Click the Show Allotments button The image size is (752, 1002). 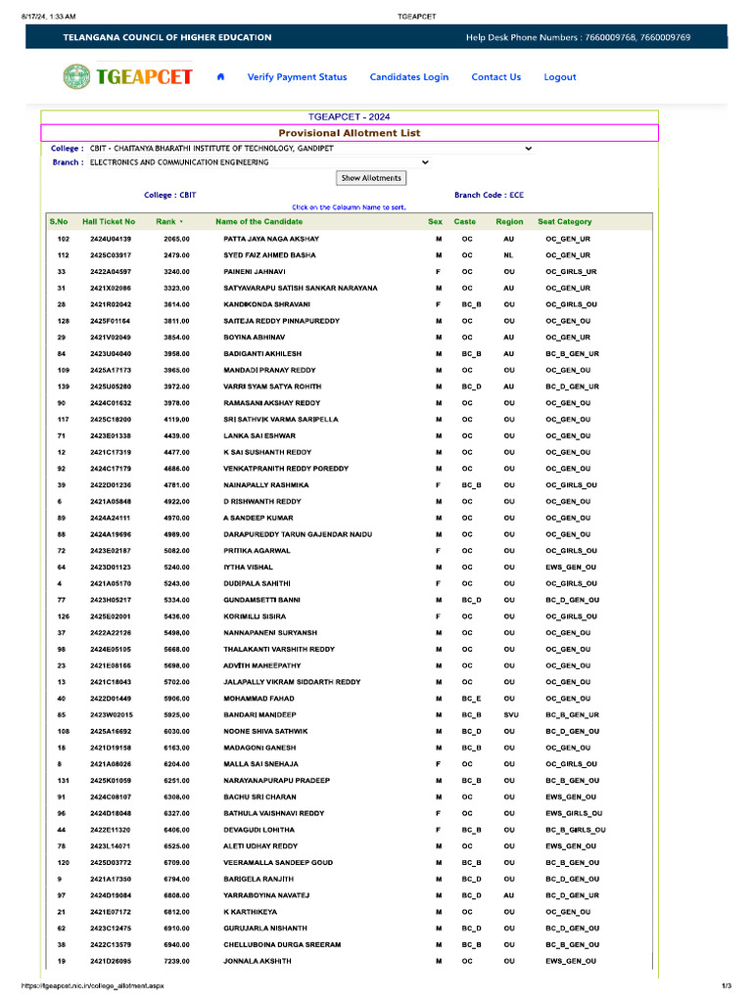click(x=371, y=178)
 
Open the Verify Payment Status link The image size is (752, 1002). click(x=297, y=77)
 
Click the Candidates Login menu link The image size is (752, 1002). click(x=408, y=77)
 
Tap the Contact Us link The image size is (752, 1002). click(x=495, y=77)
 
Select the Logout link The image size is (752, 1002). click(x=560, y=77)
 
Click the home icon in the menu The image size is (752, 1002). click(x=220, y=77)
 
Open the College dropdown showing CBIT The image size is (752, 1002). click(x=311, y=149)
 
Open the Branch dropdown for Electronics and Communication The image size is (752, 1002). click(x=259, y=162)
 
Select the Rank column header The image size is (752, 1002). click(x=166, y=222)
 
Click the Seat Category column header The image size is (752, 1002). click(x=565, y=222)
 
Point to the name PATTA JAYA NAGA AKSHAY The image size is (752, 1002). click(x=271, y=239)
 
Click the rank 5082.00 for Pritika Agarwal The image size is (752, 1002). click(x=176, y=551)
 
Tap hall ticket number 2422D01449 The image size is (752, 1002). click(x=111, y=699)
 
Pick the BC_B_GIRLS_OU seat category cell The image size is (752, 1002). click(x=575, y=830)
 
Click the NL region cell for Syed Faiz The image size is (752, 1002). click(x=508, y=255)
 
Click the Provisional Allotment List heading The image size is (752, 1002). click(x=350, y=133)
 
